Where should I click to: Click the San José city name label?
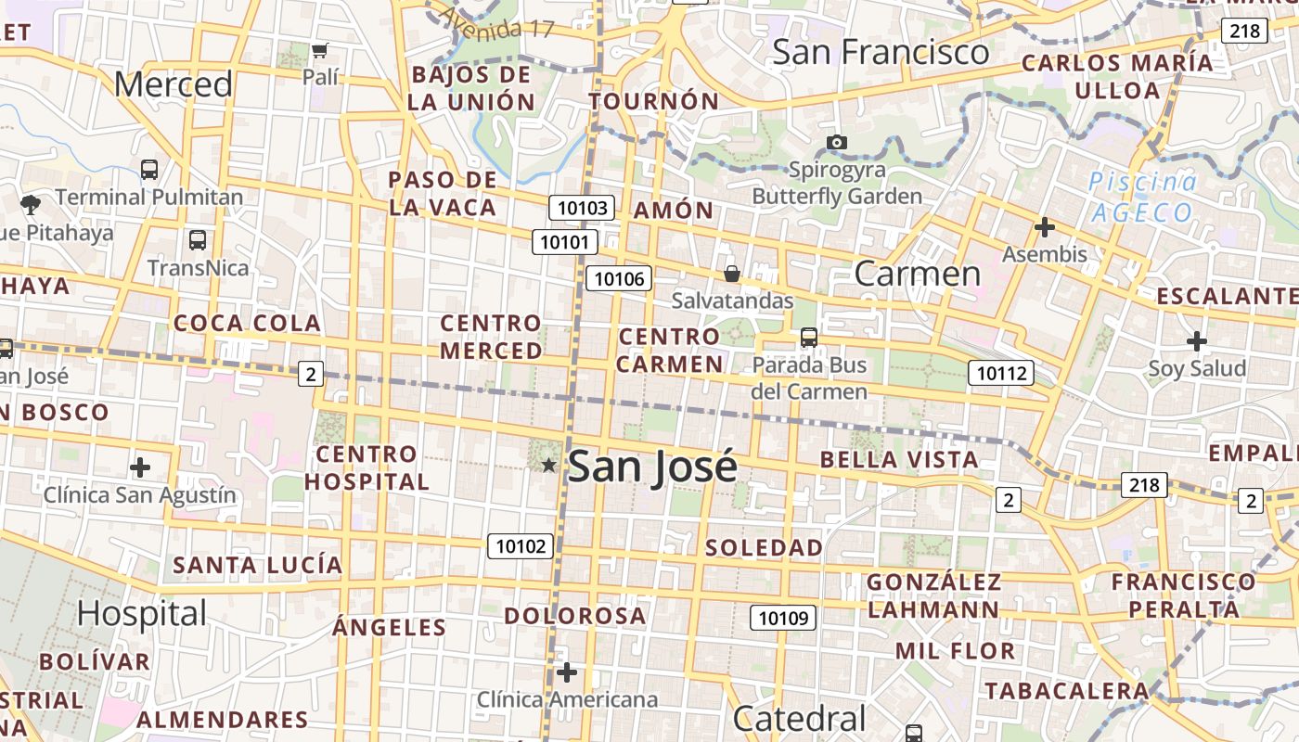tap(652, 467)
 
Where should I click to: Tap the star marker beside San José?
tap(549, 465)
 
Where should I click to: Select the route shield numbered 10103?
tap(582, 208)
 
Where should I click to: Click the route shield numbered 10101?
tap(564, 243)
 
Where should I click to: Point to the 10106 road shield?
tap(619, 278)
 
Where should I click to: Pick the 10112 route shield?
tap(1001, 373)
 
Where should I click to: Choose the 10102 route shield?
tap(521, 546)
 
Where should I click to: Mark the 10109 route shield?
tap(782, 618)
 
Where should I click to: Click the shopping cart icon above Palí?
tap(320, 50)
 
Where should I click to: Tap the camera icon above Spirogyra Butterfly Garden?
tap(837, 142)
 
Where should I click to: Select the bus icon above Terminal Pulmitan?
tap(149, 170)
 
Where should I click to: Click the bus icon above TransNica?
tap(198, 240)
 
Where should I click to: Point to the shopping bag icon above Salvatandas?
tap(732, 274)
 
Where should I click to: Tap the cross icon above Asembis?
tap(1045, 226)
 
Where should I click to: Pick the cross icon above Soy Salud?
tap(1197, 341)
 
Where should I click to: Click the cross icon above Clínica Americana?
tap(567, 672)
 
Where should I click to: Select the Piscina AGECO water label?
tap(1142, 197)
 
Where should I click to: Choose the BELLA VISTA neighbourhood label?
tap(899, 459)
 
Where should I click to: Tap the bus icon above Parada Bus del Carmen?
tap(809, 338)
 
